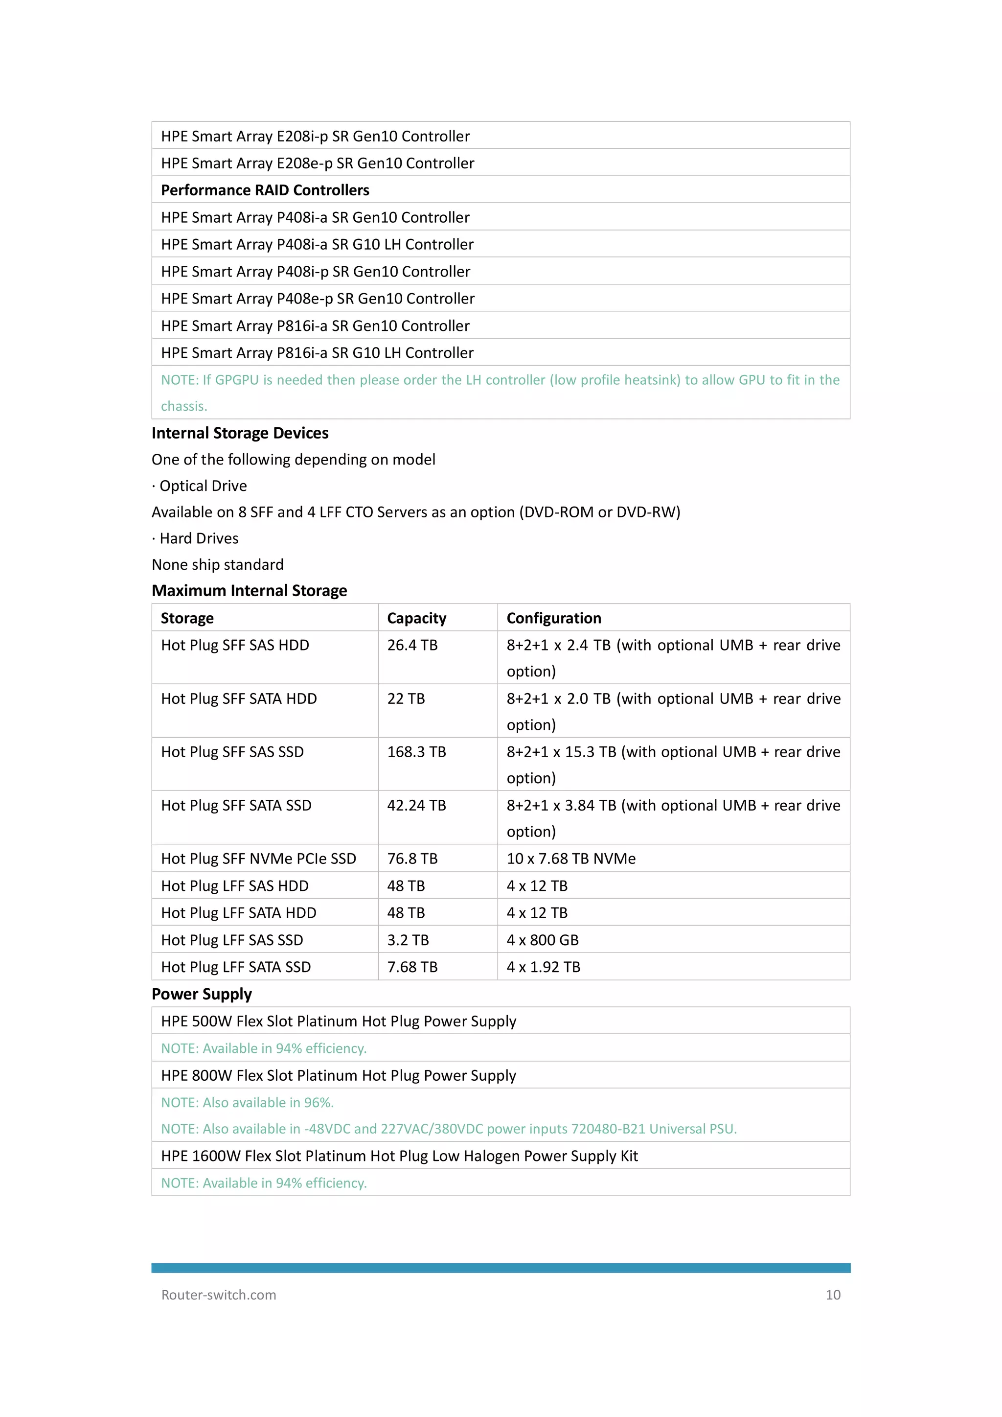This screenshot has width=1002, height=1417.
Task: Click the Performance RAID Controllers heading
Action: point(265,190)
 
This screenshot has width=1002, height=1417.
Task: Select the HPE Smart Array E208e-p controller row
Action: point(317,163)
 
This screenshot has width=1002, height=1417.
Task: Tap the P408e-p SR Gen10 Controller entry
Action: point(317,299)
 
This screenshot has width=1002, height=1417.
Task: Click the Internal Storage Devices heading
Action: point(240,433)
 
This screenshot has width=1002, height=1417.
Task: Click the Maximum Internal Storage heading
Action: point(249,591)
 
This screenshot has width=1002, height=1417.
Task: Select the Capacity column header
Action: point(416,618)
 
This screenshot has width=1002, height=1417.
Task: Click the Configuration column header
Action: point(553,618)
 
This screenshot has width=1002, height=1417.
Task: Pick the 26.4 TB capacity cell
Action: point(412,646)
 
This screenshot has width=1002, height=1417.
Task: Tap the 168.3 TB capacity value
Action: point(416,752)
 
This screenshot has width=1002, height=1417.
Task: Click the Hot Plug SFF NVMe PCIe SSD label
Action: point(258,859)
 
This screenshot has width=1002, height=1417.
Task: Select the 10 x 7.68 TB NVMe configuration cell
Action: point(571,859)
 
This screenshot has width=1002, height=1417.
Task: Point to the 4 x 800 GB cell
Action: point(542,941)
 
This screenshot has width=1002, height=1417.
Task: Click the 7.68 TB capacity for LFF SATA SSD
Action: point(412,968)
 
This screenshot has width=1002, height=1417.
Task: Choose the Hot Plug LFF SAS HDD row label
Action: point(234,886)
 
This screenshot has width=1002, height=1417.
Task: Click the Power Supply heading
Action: point(202,994)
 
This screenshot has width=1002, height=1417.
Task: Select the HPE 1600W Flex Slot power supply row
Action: point(399,1157)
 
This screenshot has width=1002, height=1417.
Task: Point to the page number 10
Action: point(832,1295)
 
